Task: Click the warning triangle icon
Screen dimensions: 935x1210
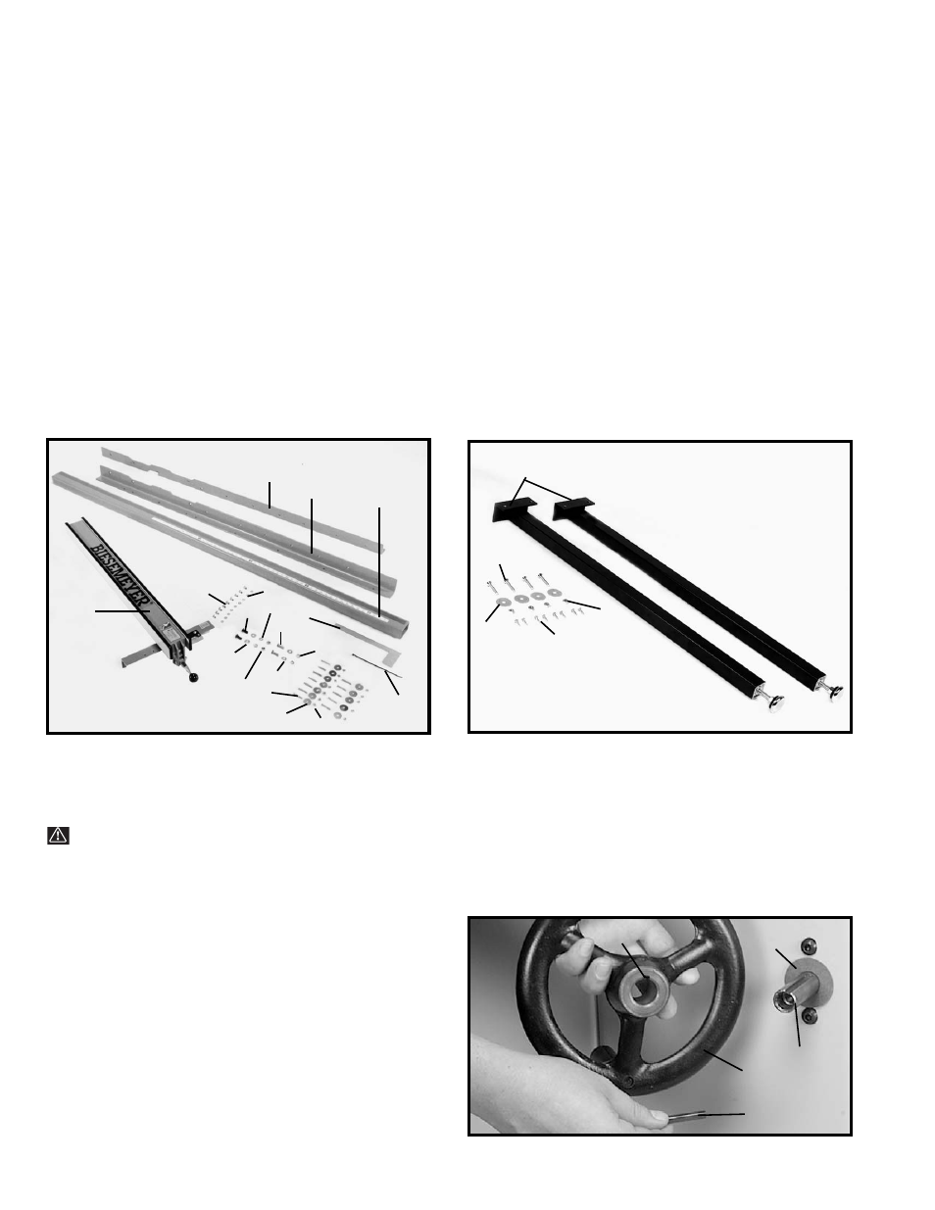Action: pos(58,836)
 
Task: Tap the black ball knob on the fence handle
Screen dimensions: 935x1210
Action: pos(194,678)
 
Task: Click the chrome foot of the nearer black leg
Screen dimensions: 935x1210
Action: pos(776,703)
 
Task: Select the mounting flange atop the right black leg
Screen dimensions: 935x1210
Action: pos(573,507)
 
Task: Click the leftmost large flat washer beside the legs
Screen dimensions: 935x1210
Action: pos(505,602)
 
